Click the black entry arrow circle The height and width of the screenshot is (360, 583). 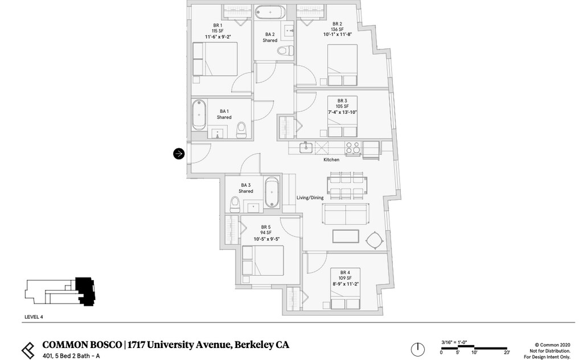[179, 153]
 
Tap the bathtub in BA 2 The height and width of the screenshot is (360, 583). [271, 12]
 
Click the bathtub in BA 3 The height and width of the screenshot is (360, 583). [272, 193]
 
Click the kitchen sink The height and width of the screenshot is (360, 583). [306, 148]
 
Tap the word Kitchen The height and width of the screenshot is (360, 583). [331, 160]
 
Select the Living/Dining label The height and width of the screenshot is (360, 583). [310, 198]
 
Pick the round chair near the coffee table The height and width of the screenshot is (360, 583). [374, 241]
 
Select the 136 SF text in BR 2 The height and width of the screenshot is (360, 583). [337, 30]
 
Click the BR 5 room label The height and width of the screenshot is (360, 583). [265, 227]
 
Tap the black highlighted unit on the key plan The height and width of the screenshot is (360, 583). [85, 291]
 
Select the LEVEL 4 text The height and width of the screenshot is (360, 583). [34, 317]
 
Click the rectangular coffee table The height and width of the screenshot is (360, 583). [346, 236]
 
